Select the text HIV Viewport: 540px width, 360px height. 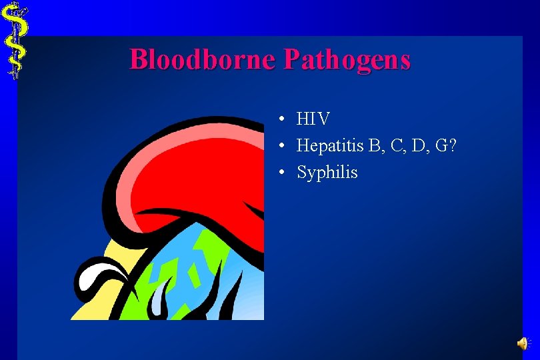pos(313,119)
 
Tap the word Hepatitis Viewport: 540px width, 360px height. pos(329,146)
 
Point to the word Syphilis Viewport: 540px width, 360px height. pos(327,173)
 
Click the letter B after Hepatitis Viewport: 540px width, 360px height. pos(372,145)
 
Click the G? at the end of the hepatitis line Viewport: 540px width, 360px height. pos(445,145)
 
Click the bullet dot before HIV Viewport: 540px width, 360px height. pos(283,119)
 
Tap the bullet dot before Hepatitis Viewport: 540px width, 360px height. pos(283,145)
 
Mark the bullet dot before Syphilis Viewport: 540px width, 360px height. pos(283,172)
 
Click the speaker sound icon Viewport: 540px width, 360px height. pos(522,343)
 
